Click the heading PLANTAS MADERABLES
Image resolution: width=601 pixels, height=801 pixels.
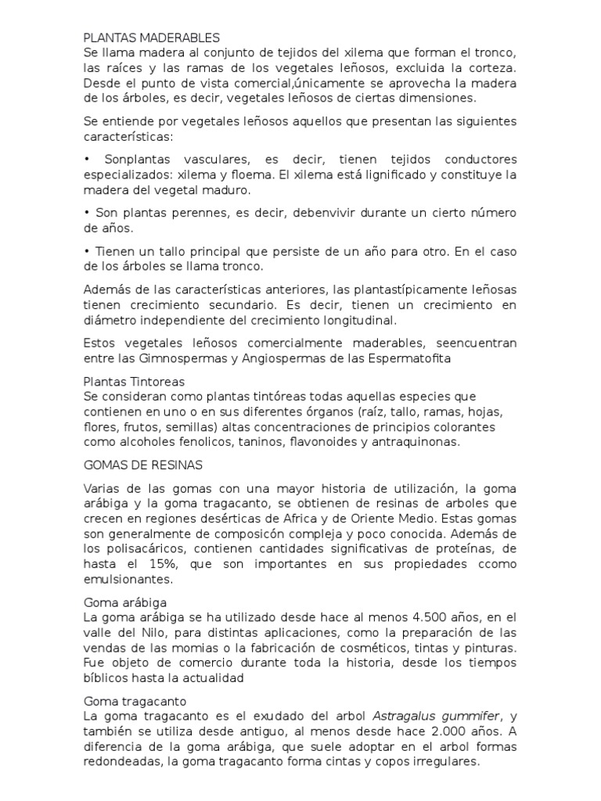tap(152, 37)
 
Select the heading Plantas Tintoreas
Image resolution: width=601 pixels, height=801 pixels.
tap(134, 382)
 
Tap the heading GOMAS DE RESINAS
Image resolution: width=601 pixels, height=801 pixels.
tap(143, 465)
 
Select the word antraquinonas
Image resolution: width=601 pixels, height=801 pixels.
tap(415, 442)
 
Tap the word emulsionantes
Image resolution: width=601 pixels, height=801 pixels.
tap(128, 580)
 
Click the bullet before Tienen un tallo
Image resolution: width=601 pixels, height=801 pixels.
tap(87, 251)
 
